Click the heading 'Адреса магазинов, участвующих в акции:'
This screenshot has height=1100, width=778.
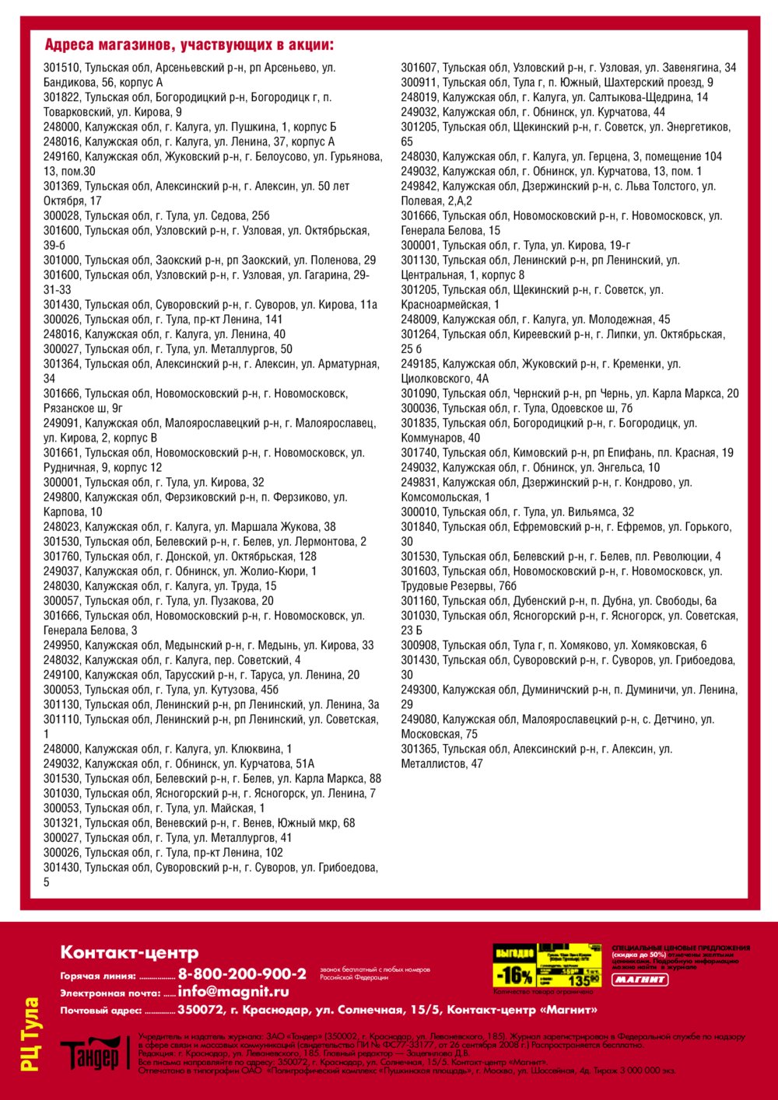(189, 45)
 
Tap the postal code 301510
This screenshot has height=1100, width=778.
(61, 68)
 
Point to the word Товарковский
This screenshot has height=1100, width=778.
(76, 112)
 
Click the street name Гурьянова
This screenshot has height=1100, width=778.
(356, 156)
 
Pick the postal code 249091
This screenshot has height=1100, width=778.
(61, 424)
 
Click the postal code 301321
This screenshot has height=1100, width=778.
(61, 823)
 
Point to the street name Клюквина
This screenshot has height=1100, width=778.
(254, 749)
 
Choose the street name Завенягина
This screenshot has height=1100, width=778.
(693, 68)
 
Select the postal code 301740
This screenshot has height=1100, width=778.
(419, 453)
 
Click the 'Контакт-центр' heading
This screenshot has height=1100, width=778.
(129, 952)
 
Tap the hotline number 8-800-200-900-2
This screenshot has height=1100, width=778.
(242, 974)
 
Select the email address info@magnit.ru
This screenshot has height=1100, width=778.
(233, 992)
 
